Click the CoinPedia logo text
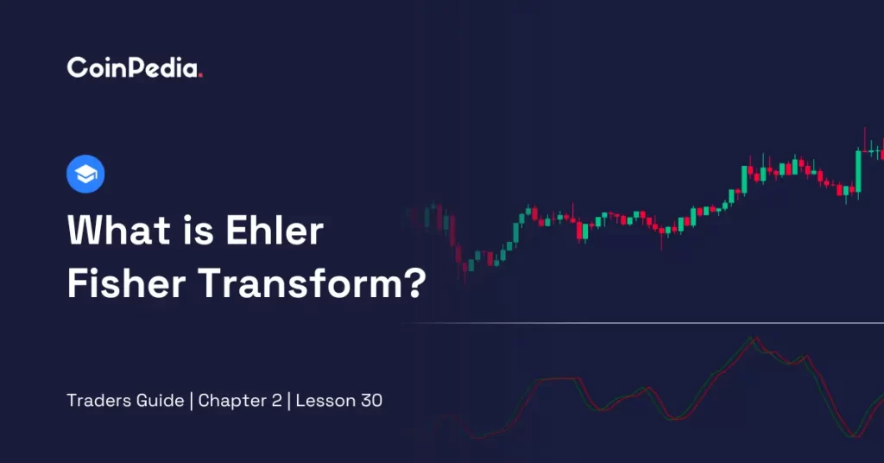click(134, 67)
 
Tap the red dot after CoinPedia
click(200, 75)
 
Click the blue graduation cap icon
click(85, 174)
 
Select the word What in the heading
click(118, 230)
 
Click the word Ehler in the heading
click(275, 230)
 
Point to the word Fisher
click(127, 282)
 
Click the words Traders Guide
click(125, 401)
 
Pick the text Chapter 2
click(240, 401)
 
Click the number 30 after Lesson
click(371, 401)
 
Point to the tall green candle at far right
click(859, 171)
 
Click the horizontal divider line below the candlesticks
click(642, 323)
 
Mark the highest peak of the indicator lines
click(753, 339)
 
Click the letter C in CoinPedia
click(77, 68)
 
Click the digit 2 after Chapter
click(277, 401)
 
